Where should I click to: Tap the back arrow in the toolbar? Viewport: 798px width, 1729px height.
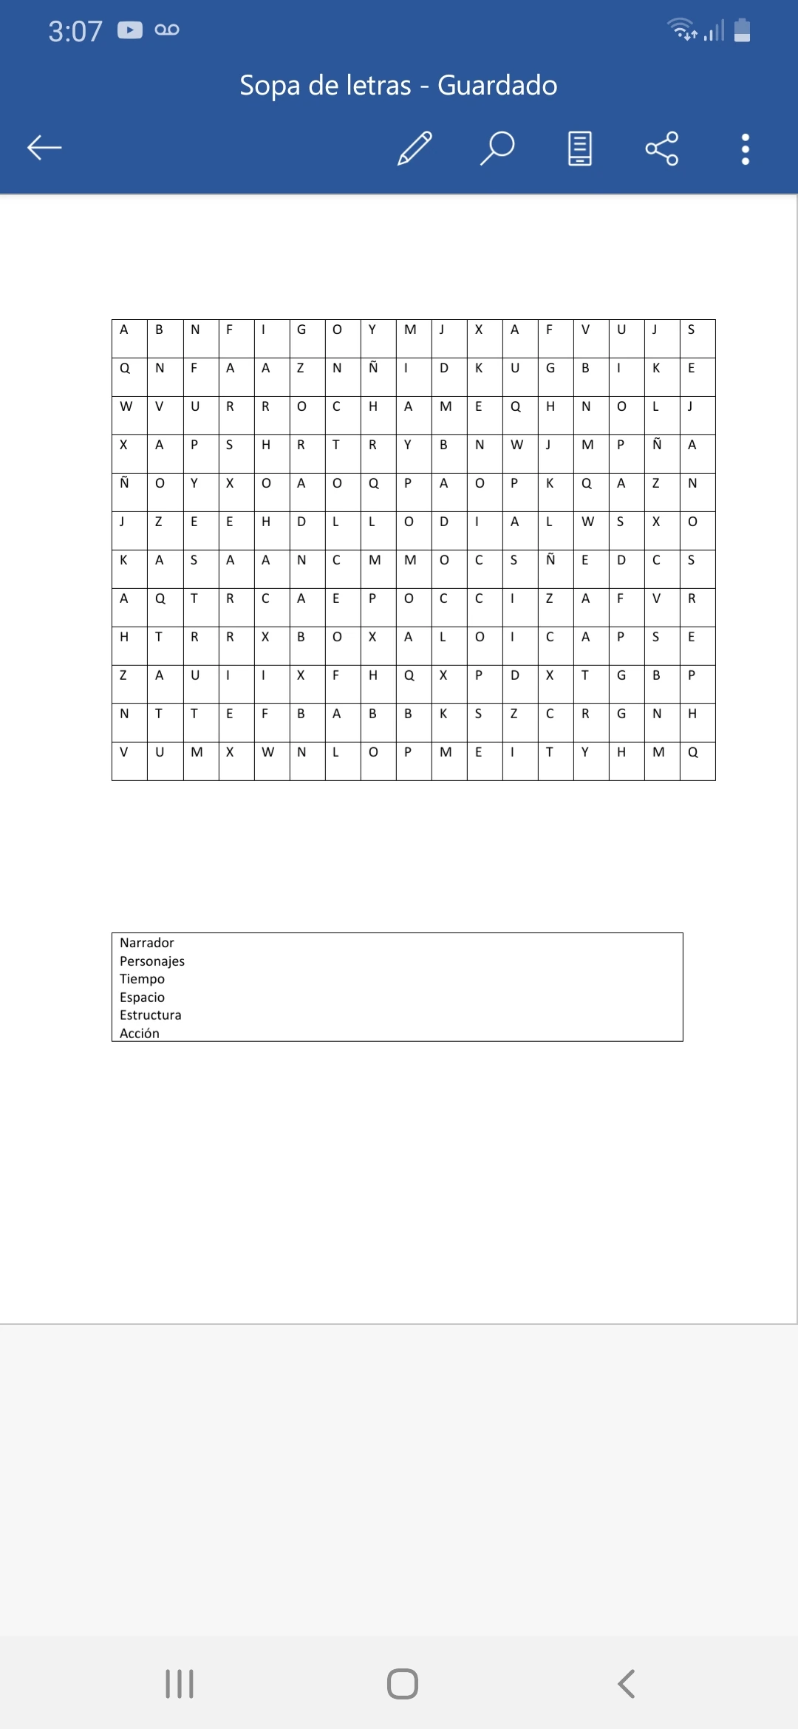click(x=44, y=148)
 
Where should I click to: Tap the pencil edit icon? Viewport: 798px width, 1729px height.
click(x=415, y=149)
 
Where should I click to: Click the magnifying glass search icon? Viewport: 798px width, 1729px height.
click(x=497, y=149)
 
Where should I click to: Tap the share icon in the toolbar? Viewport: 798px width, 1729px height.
click(x=661, y=149)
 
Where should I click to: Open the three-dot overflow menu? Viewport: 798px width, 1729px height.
click(x=746, y=149)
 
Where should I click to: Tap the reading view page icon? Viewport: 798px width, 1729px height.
click(x=580, y=149)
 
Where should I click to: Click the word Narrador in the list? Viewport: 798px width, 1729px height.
click(x=147, y=943)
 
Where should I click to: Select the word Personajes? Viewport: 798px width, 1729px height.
click(x=152, y=961)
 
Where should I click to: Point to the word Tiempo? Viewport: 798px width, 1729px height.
click(x=143, y=979)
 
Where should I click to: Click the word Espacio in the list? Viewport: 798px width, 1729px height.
click(x=143, y=997)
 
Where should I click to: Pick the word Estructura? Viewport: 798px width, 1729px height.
click(x=151, y=1015)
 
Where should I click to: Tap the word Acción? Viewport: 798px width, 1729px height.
click(x=140, y=1033)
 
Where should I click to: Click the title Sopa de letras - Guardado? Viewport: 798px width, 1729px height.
click(x=398, y=86)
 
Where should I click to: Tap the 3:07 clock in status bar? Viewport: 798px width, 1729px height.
click(x=75, y=31)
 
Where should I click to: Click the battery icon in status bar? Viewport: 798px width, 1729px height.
click(x=743, y=30)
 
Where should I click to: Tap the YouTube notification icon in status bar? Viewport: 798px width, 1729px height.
click(x=130, y=30)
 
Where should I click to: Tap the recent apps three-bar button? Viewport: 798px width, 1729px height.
click(x=180, y=1684)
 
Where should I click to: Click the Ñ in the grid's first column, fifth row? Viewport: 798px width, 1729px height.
click(x=124, y=483)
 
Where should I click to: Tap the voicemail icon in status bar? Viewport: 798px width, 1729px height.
click(x=167, y=30)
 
